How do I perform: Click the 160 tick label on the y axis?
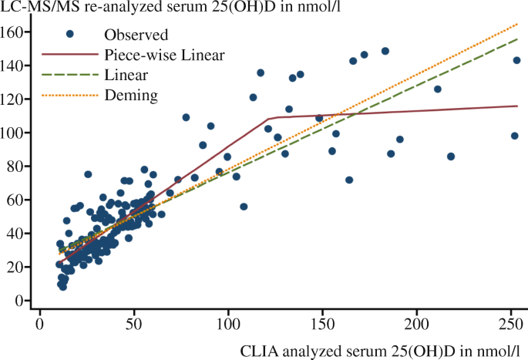click(x=17, y=32)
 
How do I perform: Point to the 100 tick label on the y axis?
click(x=17, y=133)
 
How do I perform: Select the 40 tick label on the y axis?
click(x=20, y=234)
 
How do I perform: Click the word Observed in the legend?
click(x=135, y=35)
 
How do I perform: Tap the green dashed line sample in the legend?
click(x=69, y=75)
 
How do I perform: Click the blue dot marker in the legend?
click(x=69, y=35)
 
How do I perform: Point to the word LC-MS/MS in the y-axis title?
click(x=34, y=8)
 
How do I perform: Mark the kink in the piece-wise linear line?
click(x=267, y=119)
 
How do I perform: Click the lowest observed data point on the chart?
click(x=62, y=287)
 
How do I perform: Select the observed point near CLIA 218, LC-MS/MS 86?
click(x=451, y=156)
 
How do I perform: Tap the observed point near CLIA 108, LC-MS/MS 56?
click(x=244, y=207)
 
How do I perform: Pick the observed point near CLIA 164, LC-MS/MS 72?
click(x=349, y=180)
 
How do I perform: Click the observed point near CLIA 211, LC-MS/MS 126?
click(x=438, y=89)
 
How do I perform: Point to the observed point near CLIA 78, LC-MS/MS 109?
click(x=186, y=117)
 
